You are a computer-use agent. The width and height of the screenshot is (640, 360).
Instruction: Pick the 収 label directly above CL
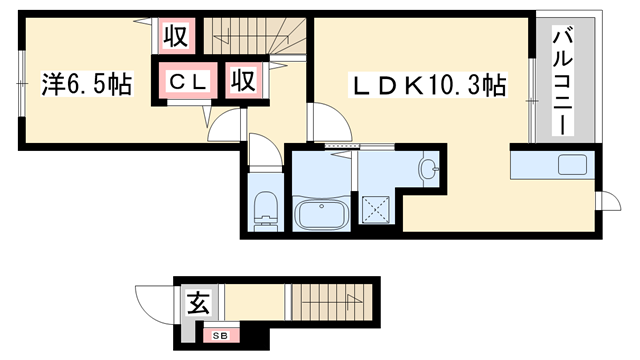[x=176, y=36]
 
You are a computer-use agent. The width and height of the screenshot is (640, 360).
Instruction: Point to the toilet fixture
[x=265, y=210]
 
